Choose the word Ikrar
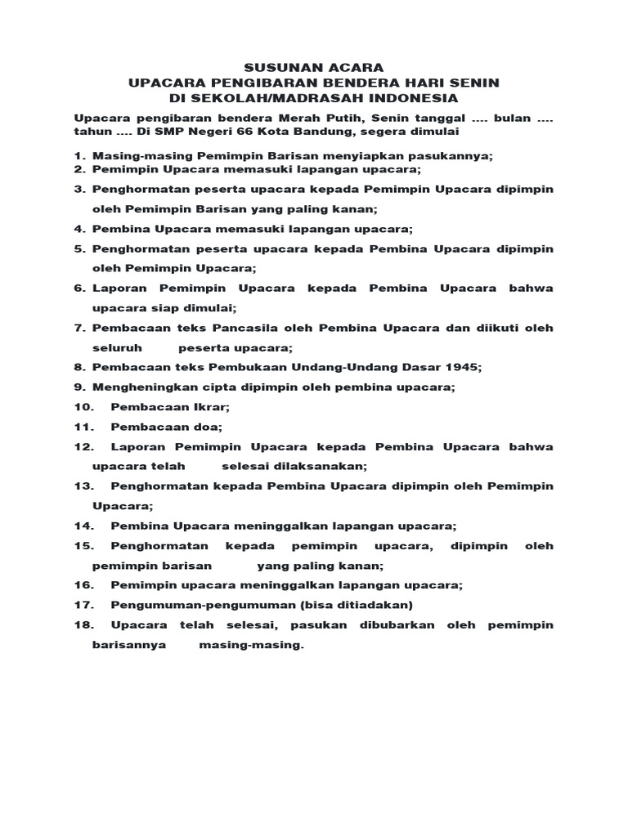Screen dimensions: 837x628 tap(212, 407)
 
